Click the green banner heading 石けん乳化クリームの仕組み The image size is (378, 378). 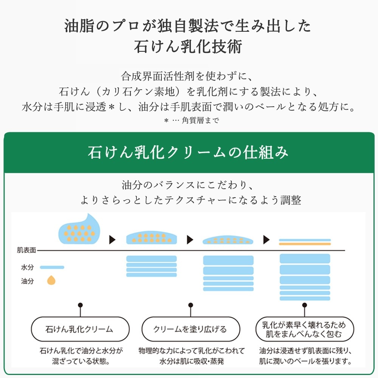pyautogui.click(x=188, y=152)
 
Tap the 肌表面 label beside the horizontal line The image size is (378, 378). pyautogui.click(x=26, y=250)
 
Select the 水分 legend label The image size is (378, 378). pyautogui.click(x=27, y=267)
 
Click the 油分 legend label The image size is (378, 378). pyautogui.click(x=27, y=281)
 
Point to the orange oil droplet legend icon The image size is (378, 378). pyautogui.click(x=51, y=280)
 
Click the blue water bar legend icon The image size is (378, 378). pyautogui.click(x=52, y=267)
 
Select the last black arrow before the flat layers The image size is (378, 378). pyautogui.click(x=266, y=239)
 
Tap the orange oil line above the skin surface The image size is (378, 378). pyautogui.click(x=305, y=244)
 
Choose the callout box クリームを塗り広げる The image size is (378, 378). pyautogui.click(x=190, y=329)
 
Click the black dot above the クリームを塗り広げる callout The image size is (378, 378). pyautogui.click(x=190, y=305)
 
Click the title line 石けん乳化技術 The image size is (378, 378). pyautogui.click(x=188, y=47)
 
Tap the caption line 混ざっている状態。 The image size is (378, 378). pyautogui.click(x=81, y=361)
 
